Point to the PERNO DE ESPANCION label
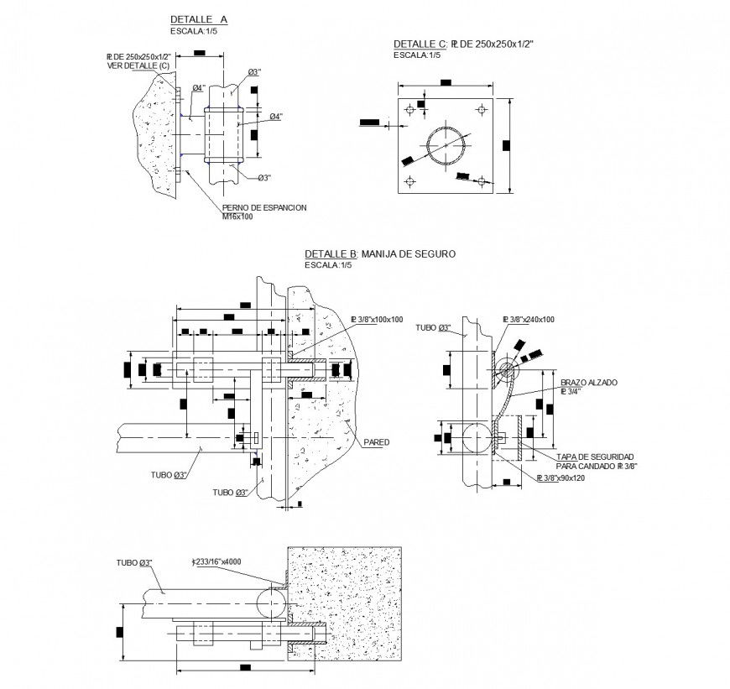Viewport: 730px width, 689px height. [x=263, y=207]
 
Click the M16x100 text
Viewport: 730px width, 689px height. [x=237, y=217]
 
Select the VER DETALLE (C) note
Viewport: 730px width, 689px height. [x=138, y=65]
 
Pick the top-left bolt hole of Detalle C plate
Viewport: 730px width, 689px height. [x=409, y=109]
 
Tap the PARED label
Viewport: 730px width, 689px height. [x=377, y=441]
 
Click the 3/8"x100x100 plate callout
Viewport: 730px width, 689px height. [x=381, y=319]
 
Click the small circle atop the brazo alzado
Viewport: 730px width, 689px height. [x=505, y=368]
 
